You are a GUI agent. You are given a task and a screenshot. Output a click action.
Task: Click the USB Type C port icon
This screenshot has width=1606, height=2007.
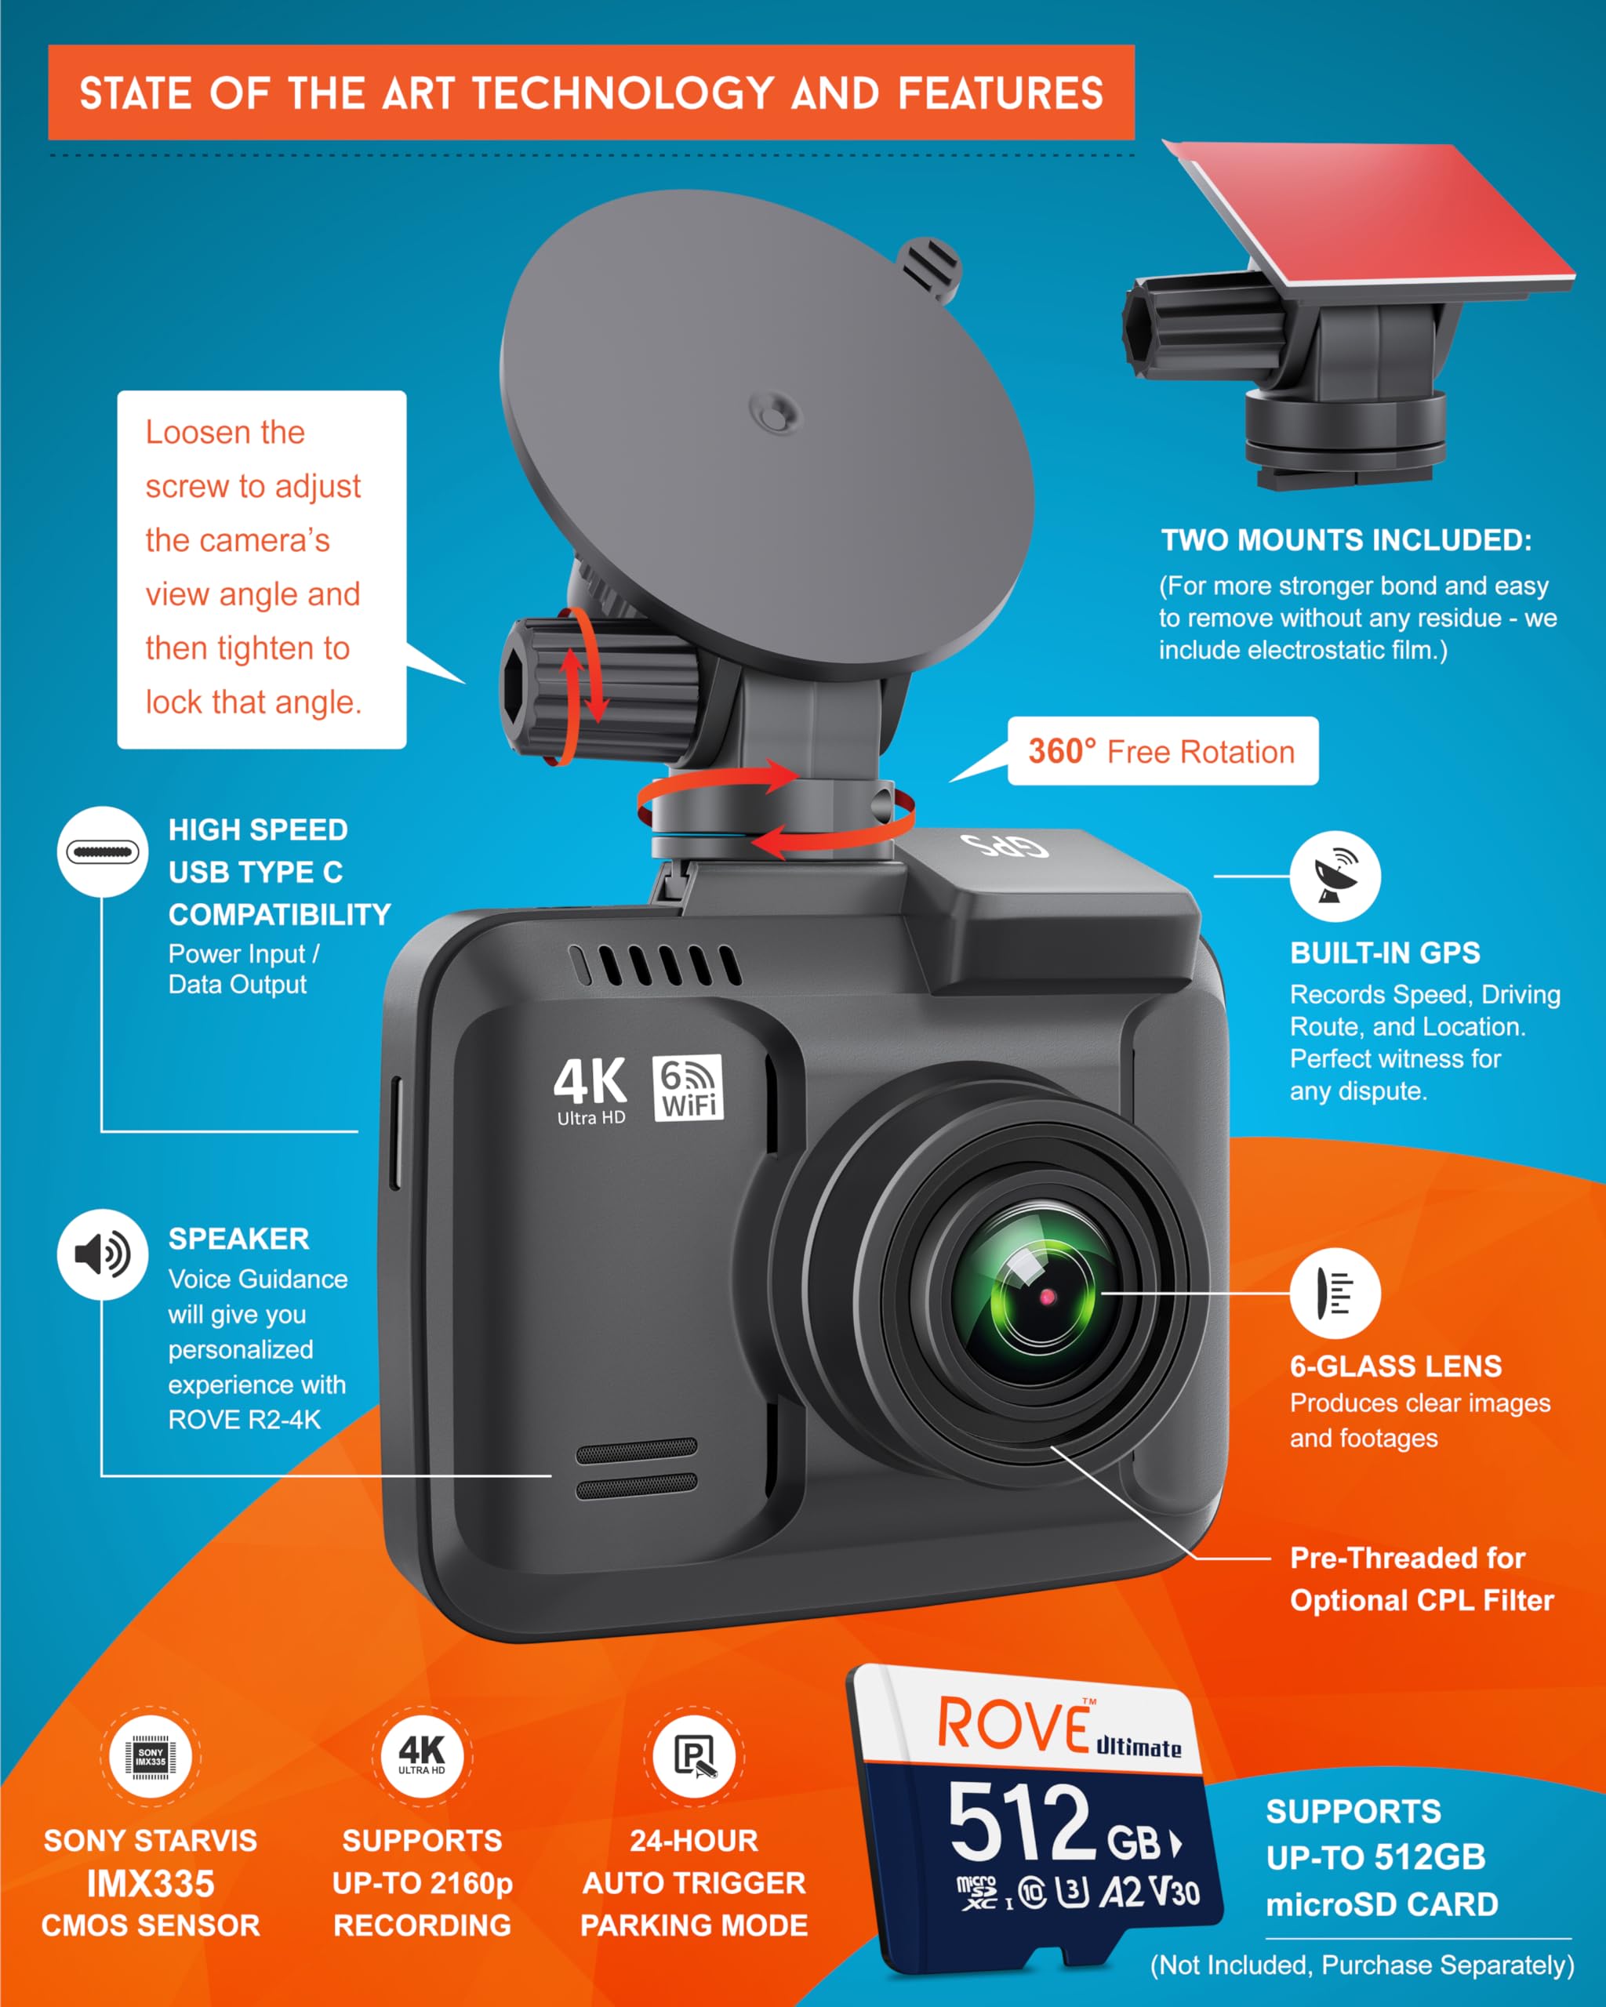coord(103,851)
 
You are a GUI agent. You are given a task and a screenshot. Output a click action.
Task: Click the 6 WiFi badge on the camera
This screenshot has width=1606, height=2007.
coord(688,1087)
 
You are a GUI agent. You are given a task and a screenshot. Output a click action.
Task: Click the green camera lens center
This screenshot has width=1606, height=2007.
coord(1046,1296)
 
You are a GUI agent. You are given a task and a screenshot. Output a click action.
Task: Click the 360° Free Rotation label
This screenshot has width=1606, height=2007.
coord(1162,751)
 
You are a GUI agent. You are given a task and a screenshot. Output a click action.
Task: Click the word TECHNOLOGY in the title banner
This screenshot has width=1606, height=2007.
coord(623,94)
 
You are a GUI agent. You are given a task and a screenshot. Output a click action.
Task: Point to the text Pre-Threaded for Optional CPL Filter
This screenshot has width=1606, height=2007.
coord(1421,1579)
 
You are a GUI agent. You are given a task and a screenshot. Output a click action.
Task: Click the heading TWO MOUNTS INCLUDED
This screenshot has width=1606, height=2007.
coord(1346,540)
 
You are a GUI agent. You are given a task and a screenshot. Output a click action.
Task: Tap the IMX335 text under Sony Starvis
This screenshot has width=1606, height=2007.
coord(151,1883)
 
